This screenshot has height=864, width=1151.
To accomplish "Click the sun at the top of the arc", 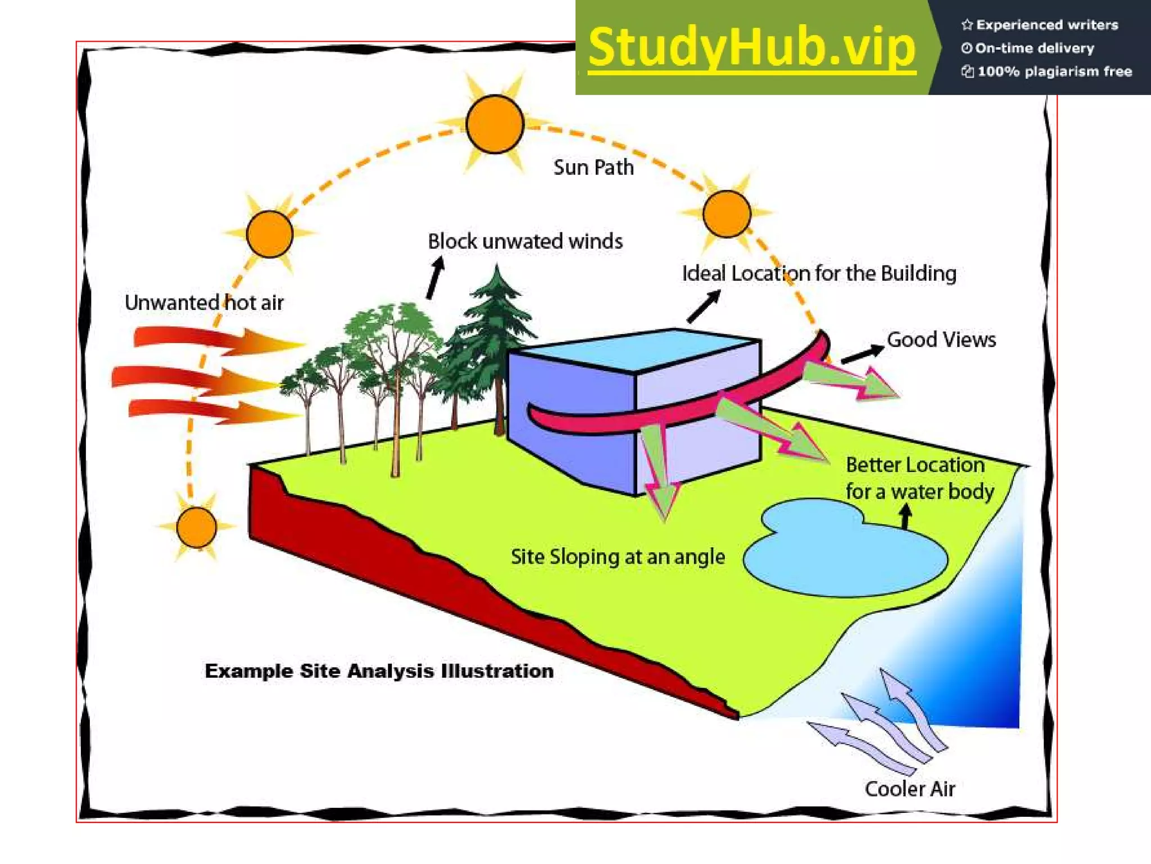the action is [x=495, y=124].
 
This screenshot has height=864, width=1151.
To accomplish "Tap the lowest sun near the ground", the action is [x=196, y=527].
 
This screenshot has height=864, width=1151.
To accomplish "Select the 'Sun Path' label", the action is [x=593, y=168].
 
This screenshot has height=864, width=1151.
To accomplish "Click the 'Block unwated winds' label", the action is [x=525, y=241].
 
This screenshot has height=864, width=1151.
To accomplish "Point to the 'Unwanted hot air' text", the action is [x=204, y=303].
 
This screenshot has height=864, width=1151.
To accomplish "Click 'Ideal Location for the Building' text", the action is [x=819, y=273].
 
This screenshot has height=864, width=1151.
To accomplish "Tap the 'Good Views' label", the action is [x=941, y=340].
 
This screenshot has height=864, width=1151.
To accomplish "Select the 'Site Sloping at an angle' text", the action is [x=618, y=557].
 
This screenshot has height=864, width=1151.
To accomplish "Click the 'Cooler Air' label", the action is [x=910, y=789].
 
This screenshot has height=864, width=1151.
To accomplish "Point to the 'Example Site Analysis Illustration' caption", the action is [x=379, y=670].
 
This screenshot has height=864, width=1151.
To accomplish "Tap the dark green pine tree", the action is [x=495, y=337].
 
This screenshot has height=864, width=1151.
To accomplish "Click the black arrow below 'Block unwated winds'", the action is [x=434, y=278].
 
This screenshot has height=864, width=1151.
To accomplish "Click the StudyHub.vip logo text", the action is [x=751, y=48].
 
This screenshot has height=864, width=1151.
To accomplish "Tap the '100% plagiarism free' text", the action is [x=1054, y=71].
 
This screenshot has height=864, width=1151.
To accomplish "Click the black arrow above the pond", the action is [x=905, y=516].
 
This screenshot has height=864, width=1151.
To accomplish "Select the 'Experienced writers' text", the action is [x=1046, y=25].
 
